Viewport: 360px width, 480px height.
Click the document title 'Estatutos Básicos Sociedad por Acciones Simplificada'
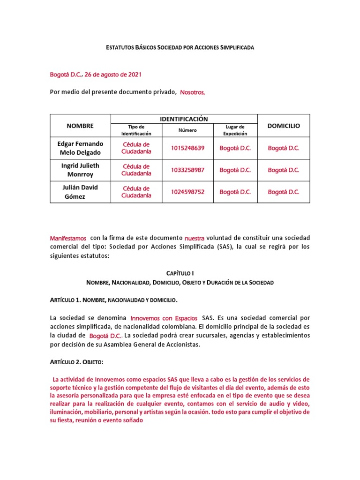tap(180, 48)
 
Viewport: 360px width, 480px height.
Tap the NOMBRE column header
tap(80, 126)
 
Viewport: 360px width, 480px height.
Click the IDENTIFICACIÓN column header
tap(184, 119)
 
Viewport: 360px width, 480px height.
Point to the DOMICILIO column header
tap(284, 126)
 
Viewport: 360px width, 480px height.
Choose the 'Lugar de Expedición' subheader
tap(235, 130)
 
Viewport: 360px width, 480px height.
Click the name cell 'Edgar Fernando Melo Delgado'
tap(80, 148)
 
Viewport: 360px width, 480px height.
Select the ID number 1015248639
tap(187, 148)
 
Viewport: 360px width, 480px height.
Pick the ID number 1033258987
tap(187, 170)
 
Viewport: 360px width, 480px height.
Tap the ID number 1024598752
tap(187, 192)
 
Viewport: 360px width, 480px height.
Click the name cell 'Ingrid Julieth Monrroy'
tap(80, 170)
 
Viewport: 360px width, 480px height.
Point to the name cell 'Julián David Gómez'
tap(80, 192)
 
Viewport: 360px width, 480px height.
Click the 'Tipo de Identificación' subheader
tap(136, 130)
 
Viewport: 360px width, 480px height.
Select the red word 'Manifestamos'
tap(68, 238)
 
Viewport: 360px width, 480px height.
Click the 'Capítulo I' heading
tap(180, 273)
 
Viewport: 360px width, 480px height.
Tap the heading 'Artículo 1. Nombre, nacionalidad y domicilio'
tap(114, 300)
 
